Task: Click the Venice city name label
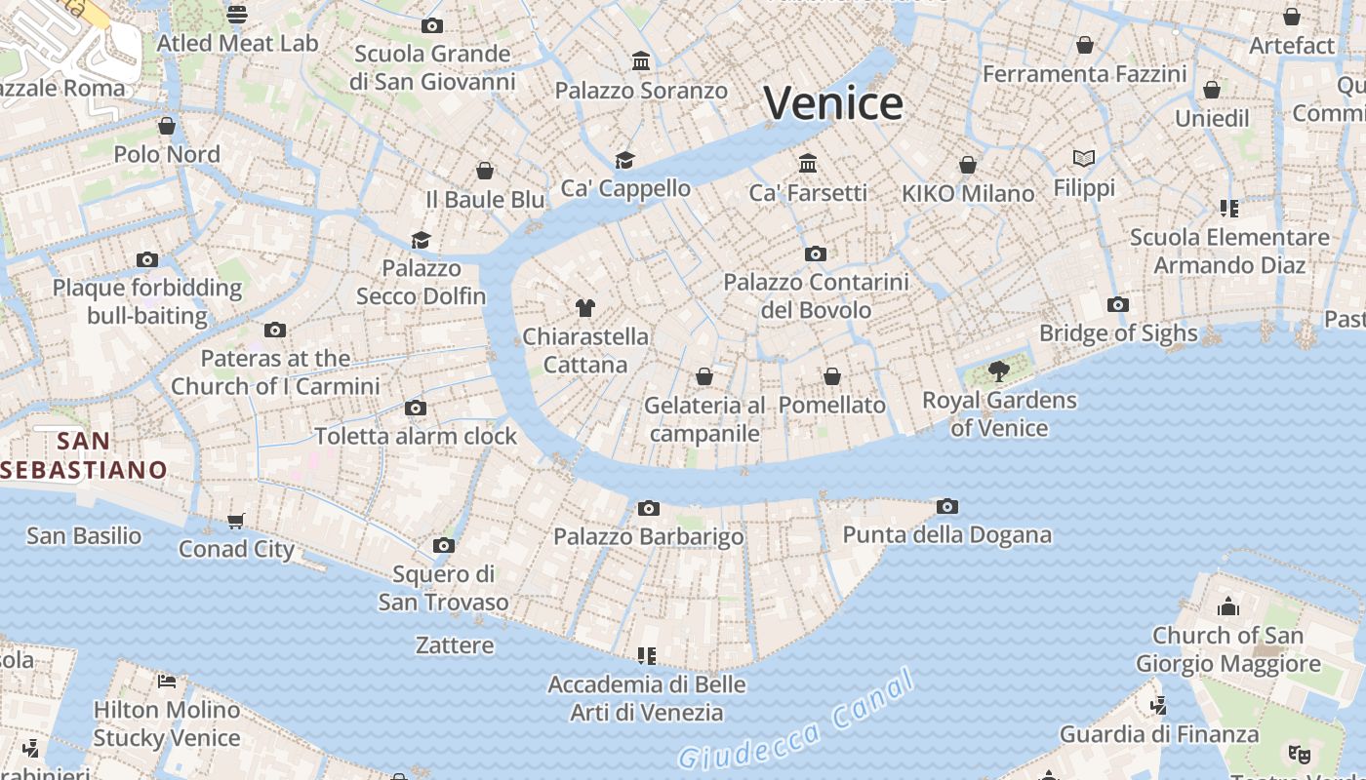[x=833, y=103]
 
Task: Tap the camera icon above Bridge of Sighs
[x=1118, y=305]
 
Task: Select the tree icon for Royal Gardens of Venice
[x=998, y=370]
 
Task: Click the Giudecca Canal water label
[x=796, y=721]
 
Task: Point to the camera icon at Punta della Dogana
[x=946, y=506]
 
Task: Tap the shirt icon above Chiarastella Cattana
[x=584, y=308]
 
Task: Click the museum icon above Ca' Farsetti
[x=808, y=162]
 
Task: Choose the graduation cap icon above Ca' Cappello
[x=624, y=160]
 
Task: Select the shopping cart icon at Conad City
[x=235, y=521]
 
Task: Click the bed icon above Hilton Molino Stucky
[x=167, y=681]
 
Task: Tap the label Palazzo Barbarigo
[x=648, y=536]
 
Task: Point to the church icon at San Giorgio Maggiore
[x=1227, y=606]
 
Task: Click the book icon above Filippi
[x=1083, y=158]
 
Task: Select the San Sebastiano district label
[x=84, y=455]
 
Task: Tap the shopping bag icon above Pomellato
[x=832, y=376]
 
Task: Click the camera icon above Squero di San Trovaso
[x=444, y=545]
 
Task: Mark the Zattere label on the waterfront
[x=455, y=645]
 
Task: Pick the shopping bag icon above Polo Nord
[x=167, y=126]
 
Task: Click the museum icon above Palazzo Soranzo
[x=641, y=61]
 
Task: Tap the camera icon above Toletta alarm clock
[x=416, y=408]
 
